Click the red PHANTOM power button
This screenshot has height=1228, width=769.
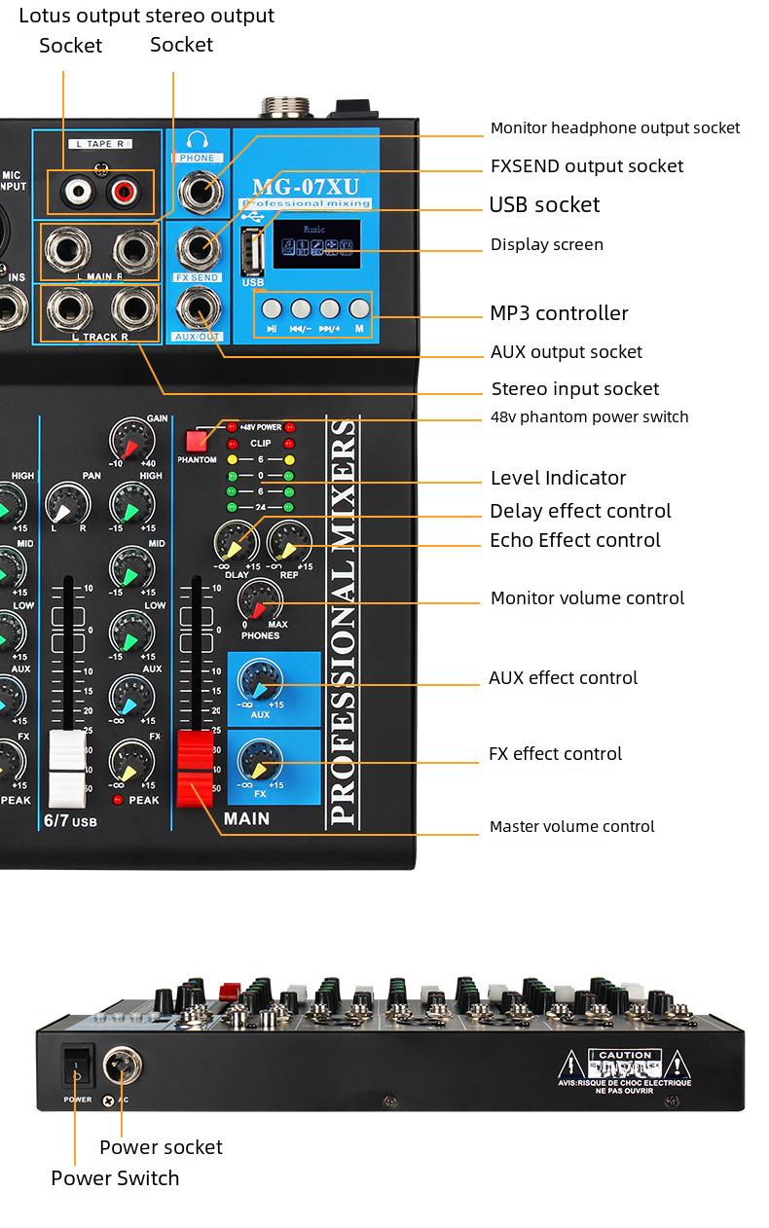pos(197,439)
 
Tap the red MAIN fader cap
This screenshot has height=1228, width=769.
pos(194,768)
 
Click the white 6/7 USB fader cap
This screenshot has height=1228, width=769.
pos(67,767)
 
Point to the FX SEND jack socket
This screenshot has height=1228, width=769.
pos(198,248)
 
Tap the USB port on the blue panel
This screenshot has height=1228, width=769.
pos(251,254)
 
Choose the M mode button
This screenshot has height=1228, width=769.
pos(359,308)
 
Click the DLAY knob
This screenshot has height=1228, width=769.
pos(236,541)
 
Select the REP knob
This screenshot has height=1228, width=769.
pos(289,541)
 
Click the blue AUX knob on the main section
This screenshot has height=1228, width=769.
pos(260,677)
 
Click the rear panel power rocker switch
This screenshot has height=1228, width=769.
pos(78,1068)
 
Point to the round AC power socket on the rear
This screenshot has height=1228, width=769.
pos(123,1066)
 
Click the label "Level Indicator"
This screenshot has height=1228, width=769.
pos(558,478)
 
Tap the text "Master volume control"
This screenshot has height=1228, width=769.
pos(571,827)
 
